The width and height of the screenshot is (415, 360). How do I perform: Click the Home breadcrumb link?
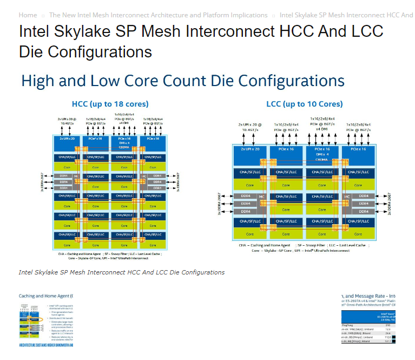(28, 15)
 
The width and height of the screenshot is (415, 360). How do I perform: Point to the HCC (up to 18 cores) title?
(110, 104)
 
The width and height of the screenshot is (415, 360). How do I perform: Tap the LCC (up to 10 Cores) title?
(304, 104)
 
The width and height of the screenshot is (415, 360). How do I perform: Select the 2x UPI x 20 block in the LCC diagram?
(250, 149)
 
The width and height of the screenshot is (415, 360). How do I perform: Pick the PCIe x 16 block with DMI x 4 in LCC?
(322, 154)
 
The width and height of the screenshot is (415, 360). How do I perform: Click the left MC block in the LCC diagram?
(262, 196)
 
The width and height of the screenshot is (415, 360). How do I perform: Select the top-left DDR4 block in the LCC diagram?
(245, 196)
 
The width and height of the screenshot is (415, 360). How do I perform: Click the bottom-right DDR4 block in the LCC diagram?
(364, 211)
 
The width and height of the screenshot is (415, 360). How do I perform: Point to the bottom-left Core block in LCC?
(250, 234)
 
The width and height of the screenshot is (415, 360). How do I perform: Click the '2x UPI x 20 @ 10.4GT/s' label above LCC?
(250, 127)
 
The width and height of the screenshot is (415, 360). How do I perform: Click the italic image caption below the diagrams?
(121, 272)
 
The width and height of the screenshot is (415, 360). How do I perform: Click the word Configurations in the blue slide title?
(291, 81)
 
